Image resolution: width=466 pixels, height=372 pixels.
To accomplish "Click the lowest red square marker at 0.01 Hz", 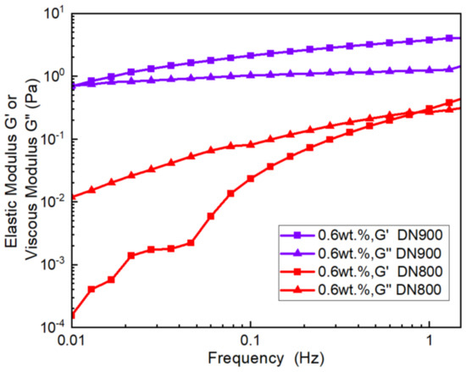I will point(73,316).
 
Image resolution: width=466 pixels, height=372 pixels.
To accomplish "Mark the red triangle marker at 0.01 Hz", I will point(73,197).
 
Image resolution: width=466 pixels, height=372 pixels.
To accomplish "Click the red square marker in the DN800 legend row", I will point(297,272).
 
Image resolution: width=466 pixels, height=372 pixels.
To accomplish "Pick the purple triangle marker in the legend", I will point(297,255).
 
